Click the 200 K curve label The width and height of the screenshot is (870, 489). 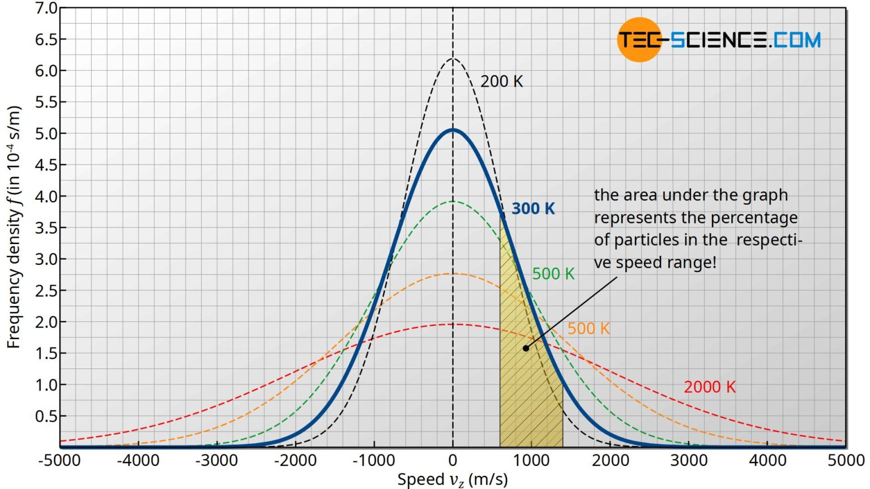(x=501, y=81)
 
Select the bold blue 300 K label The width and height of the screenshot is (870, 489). (x=533, y=208)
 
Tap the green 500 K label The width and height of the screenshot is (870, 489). (x=553, y=274)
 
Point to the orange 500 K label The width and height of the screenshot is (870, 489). (x=588, y=328)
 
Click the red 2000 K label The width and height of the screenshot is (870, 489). (x=709, y=387)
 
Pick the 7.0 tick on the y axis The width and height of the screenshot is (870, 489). (x=46, y=8)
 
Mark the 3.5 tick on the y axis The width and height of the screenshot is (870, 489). (x=46, y=228)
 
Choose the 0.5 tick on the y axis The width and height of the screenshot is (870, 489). (x=46, y=416)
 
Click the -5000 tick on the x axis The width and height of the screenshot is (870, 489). (x=59, y=460)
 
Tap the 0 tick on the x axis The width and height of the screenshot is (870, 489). (x=453, y=460)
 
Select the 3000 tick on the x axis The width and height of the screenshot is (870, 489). (x=689, y=460)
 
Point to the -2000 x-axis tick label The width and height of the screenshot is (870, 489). (x=295, y=460)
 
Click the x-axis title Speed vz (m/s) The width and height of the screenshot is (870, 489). (x=453, y=479)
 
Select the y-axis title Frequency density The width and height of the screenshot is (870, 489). (x=14, y=226)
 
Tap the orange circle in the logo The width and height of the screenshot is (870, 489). (x=639, y=40)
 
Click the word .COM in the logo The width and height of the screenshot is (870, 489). (x=796, y=40)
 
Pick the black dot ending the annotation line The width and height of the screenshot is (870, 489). (x=526, y=348)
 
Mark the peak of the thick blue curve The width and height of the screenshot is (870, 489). (x=453, y=130)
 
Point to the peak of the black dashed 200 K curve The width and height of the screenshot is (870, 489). (x=453, y=58)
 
